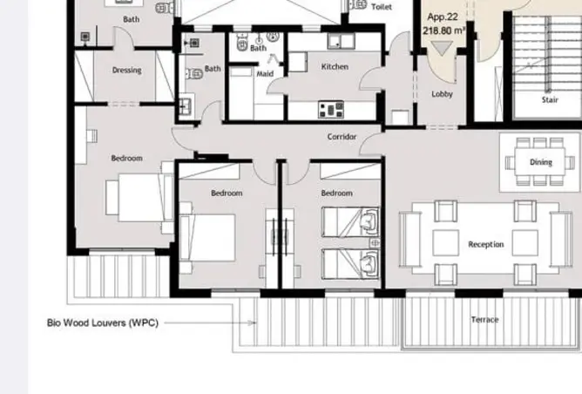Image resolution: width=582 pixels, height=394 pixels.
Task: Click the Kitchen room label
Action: click(x=335, y=67)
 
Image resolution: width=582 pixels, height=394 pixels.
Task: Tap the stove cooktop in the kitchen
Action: click(x=331, y=110)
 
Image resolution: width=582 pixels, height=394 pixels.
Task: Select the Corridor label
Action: click(x=342, y=137)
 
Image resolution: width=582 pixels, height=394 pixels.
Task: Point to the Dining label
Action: click(x=541, y=162)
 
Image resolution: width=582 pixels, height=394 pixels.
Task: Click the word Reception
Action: click(x=486, y=244)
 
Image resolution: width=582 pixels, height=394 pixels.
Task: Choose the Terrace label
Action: click(x=484, y=320)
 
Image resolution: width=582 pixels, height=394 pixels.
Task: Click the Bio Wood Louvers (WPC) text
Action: click(x=103, y=323)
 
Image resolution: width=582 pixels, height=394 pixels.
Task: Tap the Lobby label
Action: click(x=442, y=94)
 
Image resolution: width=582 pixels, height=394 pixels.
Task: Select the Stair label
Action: click(x=550, y=100)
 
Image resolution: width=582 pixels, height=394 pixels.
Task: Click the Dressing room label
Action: click(x=126, y=71)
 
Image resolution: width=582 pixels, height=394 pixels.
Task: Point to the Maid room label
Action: click(x=265, y=74)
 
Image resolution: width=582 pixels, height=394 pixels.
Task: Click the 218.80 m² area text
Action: click(x=443, y=31)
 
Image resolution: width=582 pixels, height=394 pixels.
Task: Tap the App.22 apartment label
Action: click(x=443, y=17)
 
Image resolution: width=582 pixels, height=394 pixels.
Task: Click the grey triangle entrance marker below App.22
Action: click(x=442, y=48)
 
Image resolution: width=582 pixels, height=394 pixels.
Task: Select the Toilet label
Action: click(x=382, y=7)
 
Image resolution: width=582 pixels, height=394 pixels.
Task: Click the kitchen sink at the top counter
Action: click(x=341, y=41)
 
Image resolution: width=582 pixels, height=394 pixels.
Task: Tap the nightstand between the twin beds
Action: click(x=375, y=243)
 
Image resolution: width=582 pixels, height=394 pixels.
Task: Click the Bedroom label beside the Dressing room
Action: click(x=126, y=158)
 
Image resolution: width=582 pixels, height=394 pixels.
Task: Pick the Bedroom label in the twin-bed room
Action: click(x=336, y=194)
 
